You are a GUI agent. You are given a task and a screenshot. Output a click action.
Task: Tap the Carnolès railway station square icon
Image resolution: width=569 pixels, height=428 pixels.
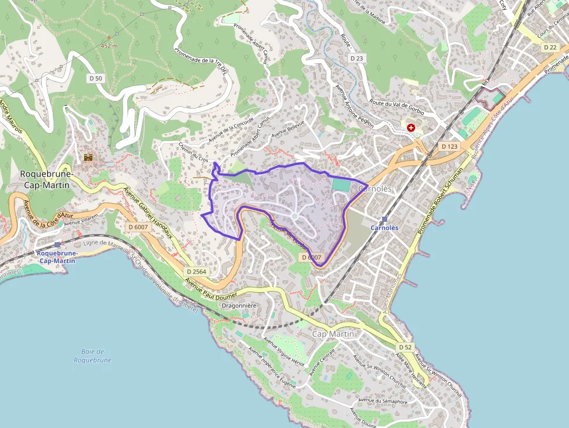point(384,219)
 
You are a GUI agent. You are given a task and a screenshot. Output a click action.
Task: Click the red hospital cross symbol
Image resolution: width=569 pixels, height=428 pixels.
point(411,127)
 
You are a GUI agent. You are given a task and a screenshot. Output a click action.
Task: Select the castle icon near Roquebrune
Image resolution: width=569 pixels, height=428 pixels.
point(88,157)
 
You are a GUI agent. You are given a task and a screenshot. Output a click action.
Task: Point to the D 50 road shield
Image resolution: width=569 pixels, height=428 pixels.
point(96,78)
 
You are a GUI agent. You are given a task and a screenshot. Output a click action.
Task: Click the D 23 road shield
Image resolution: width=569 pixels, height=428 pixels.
point(356,58)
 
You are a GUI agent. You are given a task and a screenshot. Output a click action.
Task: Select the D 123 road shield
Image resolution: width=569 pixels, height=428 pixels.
point(449,146)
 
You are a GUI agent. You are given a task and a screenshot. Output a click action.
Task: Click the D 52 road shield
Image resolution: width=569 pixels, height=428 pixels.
point(405,347)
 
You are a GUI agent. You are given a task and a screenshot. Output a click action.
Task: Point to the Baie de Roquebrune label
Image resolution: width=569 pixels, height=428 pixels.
point(92,355)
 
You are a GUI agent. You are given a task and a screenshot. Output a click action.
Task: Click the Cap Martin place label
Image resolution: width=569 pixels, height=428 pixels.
point(333,334)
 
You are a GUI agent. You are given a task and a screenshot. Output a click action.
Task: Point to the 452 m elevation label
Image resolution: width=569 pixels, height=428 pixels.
point(109,45)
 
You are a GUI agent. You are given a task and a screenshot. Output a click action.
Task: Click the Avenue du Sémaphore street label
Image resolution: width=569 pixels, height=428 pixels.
point(383,400)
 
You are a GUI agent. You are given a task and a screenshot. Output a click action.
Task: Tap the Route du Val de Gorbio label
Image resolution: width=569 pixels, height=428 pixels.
point(397,107)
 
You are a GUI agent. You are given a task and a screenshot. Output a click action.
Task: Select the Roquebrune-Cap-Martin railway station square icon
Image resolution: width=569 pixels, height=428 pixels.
point(57,245)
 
